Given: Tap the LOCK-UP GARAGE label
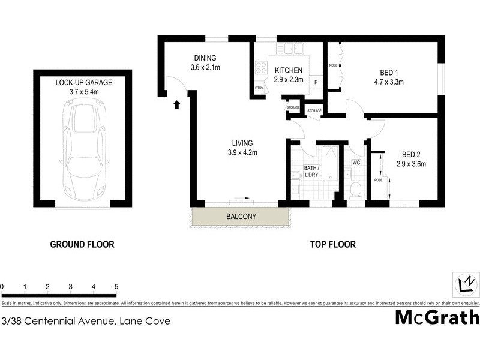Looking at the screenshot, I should (83, 82).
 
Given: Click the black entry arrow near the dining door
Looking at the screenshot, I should (176, 106).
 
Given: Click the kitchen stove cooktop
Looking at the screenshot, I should (260, 68).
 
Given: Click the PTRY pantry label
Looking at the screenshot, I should (259, 89).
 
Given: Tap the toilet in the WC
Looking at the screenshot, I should (355, 190).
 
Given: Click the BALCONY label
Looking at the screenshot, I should (241, 217).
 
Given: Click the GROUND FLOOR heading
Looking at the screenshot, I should (82, 244).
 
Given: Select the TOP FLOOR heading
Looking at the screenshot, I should (332, 244).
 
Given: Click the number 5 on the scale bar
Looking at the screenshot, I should (116, 287).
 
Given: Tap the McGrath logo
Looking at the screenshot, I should (437, 317).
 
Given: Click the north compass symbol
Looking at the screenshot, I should (466, 283).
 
